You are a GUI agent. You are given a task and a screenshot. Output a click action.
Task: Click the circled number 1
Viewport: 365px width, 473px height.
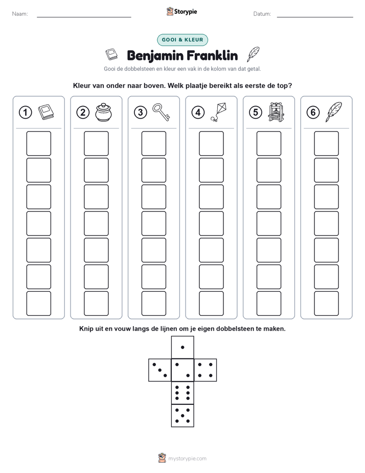pos(25,113)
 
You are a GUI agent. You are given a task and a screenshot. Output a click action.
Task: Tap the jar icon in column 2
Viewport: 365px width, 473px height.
pos(103,112)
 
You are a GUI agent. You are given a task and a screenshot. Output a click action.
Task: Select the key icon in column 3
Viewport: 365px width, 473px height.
pos(161,112)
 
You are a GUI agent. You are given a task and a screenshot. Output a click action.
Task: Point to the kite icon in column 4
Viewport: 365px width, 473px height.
pos(219,112)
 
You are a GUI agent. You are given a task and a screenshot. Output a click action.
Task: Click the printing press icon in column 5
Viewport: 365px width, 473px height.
pos(276,112)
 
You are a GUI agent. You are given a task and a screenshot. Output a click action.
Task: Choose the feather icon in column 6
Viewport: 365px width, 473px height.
pos(333,112)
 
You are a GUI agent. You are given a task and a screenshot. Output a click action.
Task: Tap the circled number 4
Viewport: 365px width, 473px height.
pos(198,113)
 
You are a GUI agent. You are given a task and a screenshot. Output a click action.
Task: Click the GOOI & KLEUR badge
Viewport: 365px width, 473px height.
pos(182,40)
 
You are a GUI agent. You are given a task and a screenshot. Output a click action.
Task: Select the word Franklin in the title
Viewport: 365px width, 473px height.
pos(212,56)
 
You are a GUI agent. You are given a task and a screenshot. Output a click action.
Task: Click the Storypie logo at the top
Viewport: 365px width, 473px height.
pos(181,12)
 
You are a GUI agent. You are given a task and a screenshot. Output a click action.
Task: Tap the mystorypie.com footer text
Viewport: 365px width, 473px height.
pos(187,459)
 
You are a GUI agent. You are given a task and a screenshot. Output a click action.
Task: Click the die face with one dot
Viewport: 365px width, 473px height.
pos(182,348)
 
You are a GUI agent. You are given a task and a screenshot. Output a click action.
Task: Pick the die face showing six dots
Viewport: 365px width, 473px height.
pos(182,393)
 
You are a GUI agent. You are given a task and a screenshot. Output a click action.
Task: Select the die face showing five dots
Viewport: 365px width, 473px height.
pos(182,416)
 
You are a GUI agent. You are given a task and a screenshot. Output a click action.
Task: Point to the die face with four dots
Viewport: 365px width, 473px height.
pos(206,370)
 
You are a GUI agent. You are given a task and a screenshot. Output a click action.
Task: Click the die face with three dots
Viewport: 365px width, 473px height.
pos(160,370)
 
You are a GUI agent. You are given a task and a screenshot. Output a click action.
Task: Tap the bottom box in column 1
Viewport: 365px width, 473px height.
pos(38,304)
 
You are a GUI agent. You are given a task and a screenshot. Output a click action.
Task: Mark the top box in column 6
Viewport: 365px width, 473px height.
pos(327,143)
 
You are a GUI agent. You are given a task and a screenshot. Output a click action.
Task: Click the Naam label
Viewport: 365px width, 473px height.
pos(20,14)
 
